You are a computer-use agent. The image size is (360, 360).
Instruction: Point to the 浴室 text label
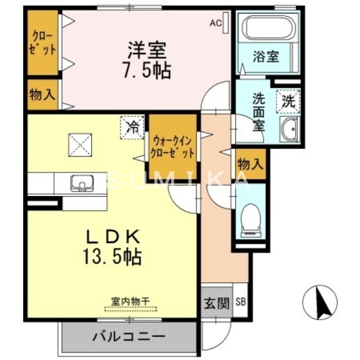(266, 57)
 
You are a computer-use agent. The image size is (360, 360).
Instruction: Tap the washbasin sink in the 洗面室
(289, 129)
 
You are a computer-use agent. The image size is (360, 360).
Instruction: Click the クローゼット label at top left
(43, 43)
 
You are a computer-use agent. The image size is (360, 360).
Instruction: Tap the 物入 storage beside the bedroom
(43, 95)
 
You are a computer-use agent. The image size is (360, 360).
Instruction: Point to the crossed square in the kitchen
(80, 145)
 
